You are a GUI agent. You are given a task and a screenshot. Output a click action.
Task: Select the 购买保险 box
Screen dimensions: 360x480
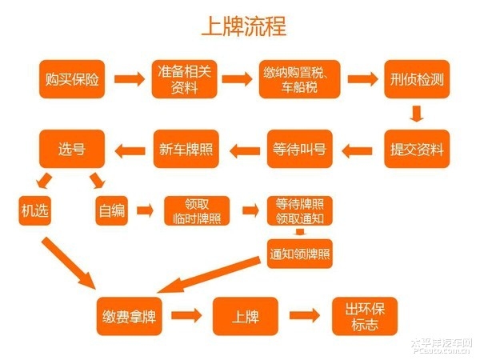pyautogui.click(x=71, y=78)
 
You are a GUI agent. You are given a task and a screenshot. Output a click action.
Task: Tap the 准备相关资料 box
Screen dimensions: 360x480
pyautogui.click(x=183, y=78)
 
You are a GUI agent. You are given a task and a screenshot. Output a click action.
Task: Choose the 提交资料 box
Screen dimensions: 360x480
pyautogui.click(x=414, y=148)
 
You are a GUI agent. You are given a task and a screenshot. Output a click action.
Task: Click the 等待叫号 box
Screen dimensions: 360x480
pyautogui.click(x=298, y=148)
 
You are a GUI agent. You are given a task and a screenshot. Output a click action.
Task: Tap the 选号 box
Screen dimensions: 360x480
pyautogui.click(x=71, y=148)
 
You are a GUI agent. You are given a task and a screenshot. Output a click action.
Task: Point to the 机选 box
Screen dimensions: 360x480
pyautogui.click(x=35, y=211)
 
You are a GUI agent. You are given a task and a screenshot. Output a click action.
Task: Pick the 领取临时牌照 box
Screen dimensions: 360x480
pyautogui.click(x=197, y=211)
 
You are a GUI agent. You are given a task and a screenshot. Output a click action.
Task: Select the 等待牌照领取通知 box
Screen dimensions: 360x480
pyautogui.click(x=299, y=211)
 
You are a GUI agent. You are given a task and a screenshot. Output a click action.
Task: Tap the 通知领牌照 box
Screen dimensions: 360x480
pyautogui.click(x=299, y=255)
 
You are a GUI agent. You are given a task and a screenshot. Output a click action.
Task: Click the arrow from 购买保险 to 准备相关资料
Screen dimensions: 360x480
pyautogui.click(x=128, y=79)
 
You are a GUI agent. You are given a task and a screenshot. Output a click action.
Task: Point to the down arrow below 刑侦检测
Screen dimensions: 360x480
pyautogui.click(x=414, y=114)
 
